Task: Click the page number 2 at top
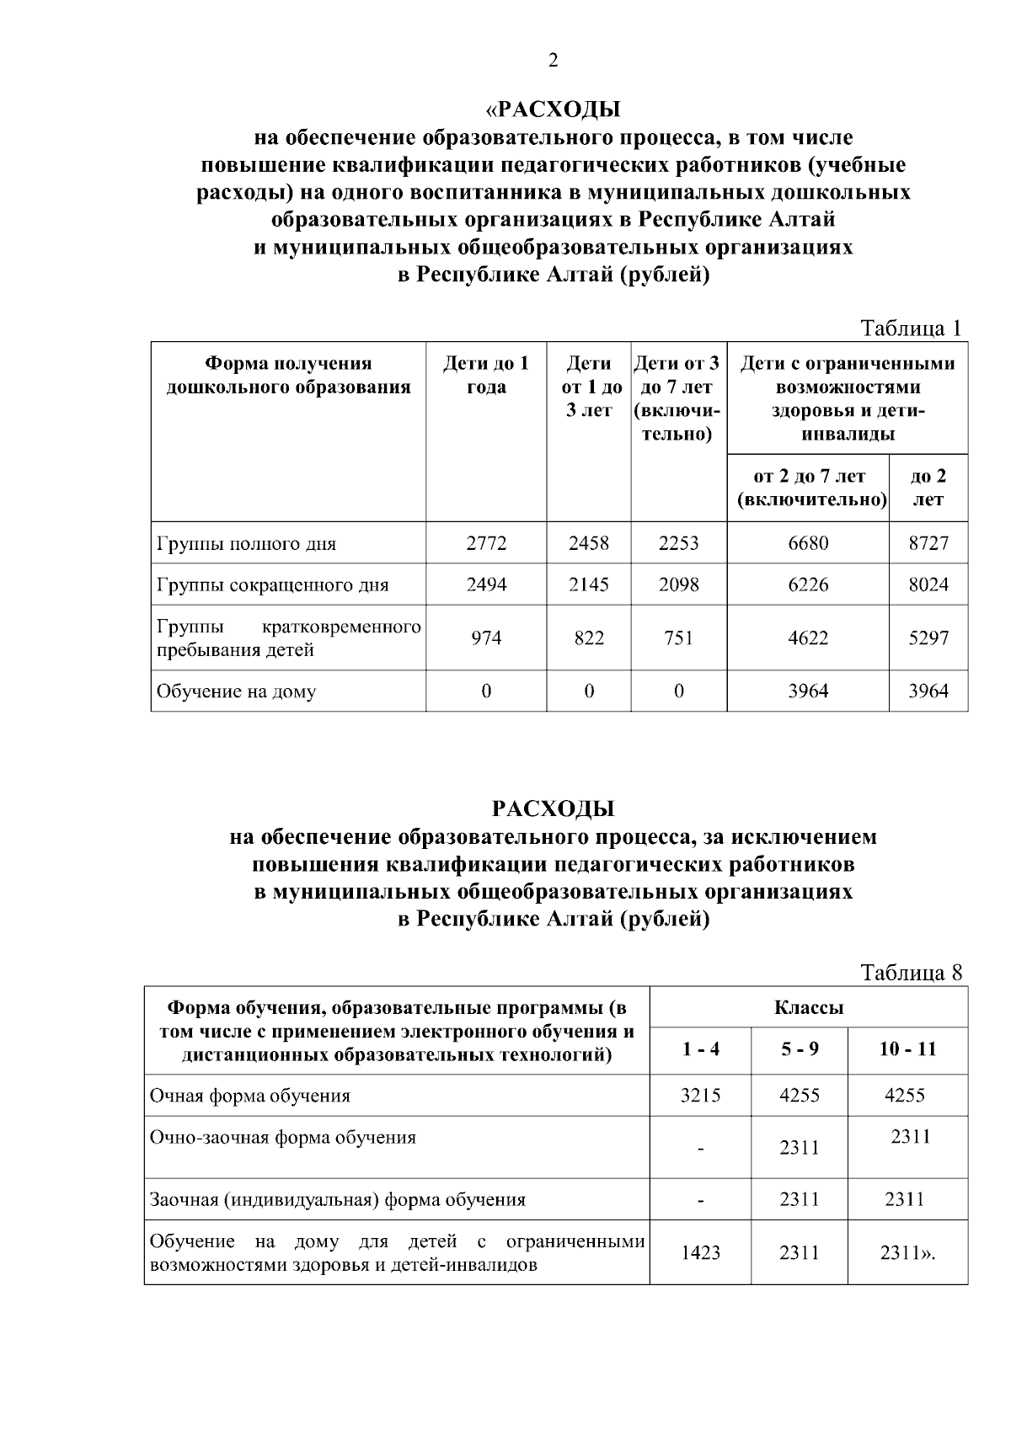pos(553,60)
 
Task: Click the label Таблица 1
pos(910,328)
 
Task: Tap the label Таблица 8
pos(910,973)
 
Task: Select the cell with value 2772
pos(486,543)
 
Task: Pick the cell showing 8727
pos(928,543)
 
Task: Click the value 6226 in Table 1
pos(807,584)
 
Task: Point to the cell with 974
pos(486,638)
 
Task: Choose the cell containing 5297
pos(928,638)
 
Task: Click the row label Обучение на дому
pos(236,691)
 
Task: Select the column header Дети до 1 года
pos(486,375)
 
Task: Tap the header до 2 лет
pos(928,488)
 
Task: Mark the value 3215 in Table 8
pos(700,1096)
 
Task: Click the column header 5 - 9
pos(799,1049)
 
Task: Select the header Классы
pos(808,1007)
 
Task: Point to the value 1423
pos(700,1253)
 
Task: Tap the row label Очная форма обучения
pos(249,1096)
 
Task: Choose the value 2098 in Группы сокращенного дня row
pos(678,584)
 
